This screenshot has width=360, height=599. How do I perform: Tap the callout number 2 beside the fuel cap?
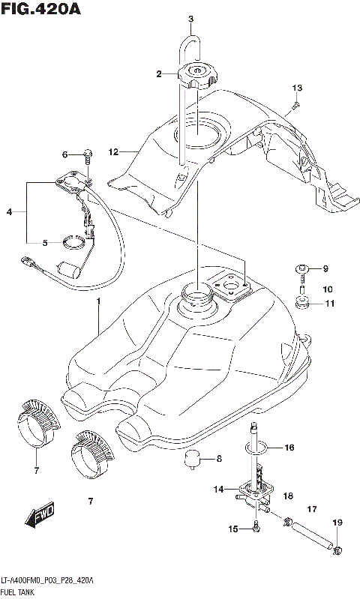tap(159, 73)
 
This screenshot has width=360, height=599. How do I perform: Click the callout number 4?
tap(9, 212)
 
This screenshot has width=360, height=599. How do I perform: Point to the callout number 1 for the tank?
tap(97, 301)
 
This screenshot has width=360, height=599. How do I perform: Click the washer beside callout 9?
tap(304, 269)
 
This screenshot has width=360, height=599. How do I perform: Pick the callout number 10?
tap(326, 289)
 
